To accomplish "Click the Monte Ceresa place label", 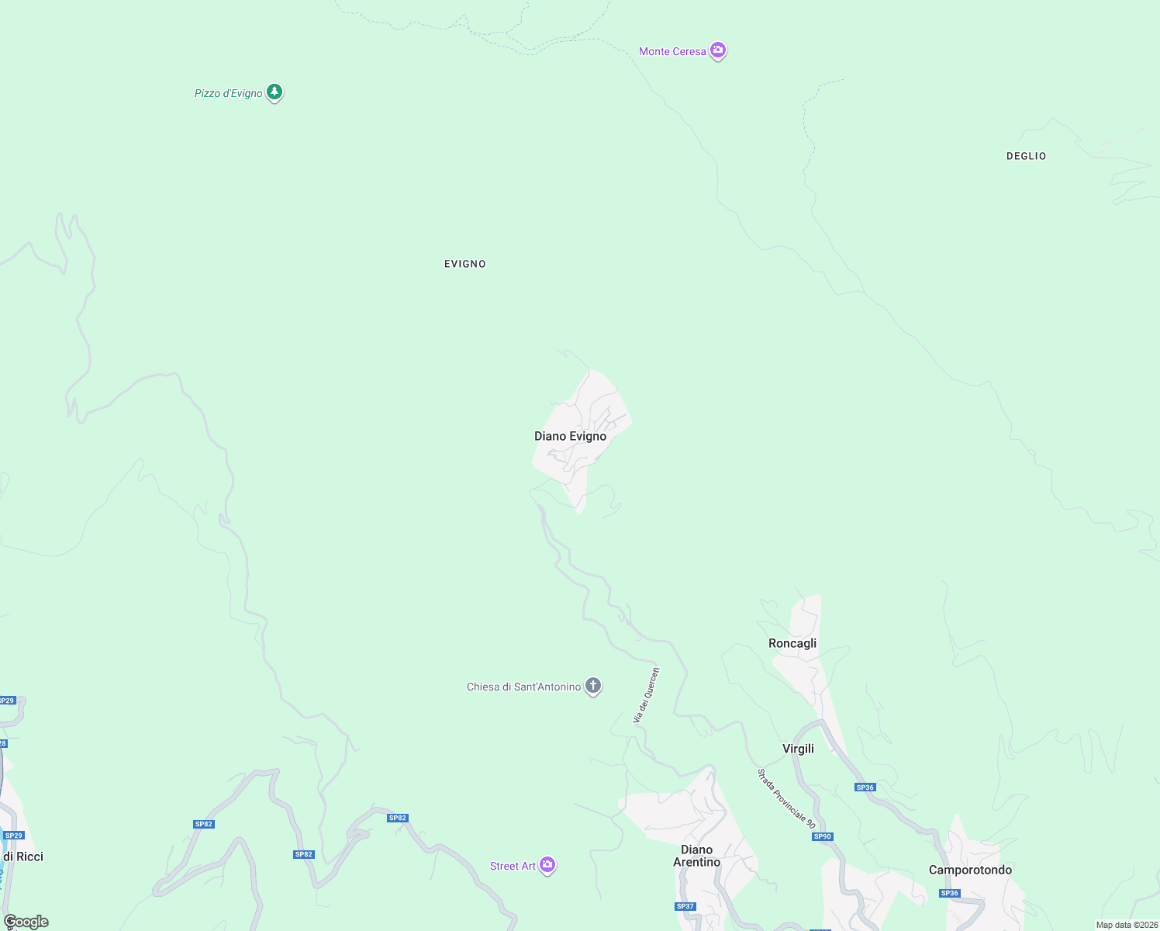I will tap(672, 52).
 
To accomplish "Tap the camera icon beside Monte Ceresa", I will tap(718, 50).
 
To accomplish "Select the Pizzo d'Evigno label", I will tap(228, 94).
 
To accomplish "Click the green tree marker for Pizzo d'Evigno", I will tap(274, 92).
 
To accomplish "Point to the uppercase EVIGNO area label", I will tap(465, 265).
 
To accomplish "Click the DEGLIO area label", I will tap(1026, 157).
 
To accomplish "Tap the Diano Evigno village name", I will tap(570, 437).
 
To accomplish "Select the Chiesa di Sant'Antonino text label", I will tap(523, 687).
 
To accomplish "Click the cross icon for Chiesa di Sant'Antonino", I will tap(593, 686).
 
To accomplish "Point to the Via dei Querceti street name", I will tap(646, 695).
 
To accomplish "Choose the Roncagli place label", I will tap(792, 644).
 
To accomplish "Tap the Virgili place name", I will tap(798, 749).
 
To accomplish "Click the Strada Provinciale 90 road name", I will tap(786, 798).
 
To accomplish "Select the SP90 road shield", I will tap(822, 836).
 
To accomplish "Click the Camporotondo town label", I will tap(970, 870).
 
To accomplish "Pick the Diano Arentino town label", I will tap(696, 857).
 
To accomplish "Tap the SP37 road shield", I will tap(685, 906).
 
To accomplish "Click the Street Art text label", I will tap(513, 867).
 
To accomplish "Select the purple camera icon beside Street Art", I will tap(547, 865).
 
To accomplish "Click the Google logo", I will tap(26, 922).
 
